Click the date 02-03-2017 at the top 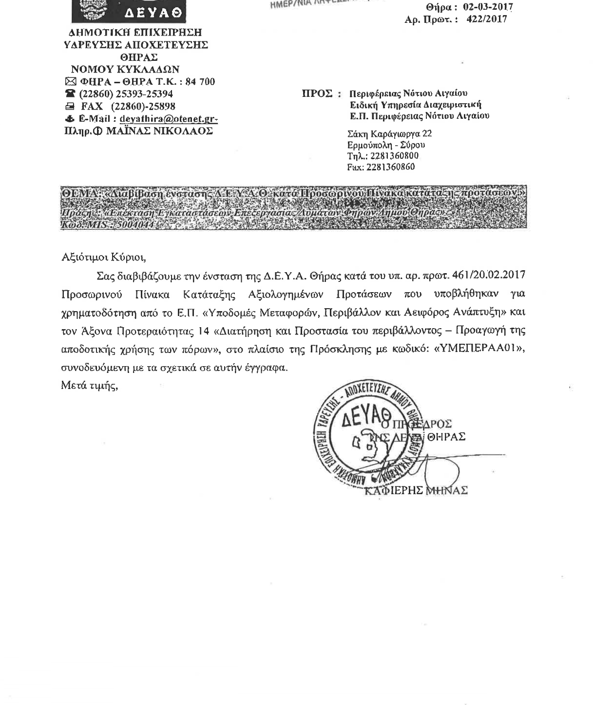[x=488, y=8]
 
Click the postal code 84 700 [x=200, y=82]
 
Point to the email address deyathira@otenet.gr [x=168, y=119]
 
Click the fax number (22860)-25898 [x=143, y=107]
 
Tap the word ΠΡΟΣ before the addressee [x=317, y=93]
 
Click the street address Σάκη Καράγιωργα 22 [x=389, y=134]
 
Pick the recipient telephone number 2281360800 [x=394, y=156]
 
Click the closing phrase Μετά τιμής [x=90, y=386]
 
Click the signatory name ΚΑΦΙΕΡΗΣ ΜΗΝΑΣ [x=416, y=490]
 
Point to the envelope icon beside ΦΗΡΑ [x=70, y=82]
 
